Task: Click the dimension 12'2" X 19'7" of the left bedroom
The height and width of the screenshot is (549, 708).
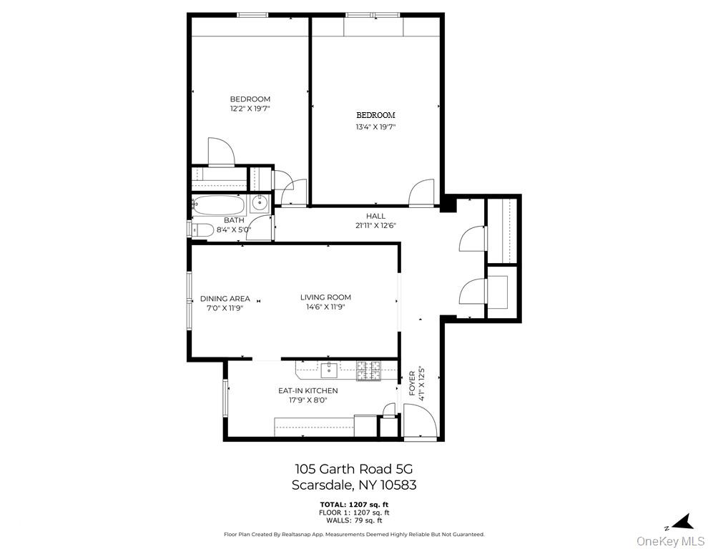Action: pos(250,109)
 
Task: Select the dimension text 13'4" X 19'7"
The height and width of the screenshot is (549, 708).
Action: pos(375,127)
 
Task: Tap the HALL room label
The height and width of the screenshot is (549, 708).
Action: pos(375,216)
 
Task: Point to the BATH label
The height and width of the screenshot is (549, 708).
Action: pos(234,220)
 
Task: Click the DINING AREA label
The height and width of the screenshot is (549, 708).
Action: pos(225,298)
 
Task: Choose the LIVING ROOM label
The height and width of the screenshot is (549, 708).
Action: pos(325,297)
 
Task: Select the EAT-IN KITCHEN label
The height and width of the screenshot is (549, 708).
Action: pos(308,390)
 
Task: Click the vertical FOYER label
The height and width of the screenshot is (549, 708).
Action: pos(412,384)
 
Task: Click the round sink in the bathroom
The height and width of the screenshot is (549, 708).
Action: pos(260,204)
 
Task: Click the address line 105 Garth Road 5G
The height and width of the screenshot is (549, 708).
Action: pos(354,469)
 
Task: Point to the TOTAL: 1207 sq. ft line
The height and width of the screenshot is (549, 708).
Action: pos(354,505)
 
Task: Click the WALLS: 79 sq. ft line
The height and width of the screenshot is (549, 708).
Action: pos(354,520)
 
